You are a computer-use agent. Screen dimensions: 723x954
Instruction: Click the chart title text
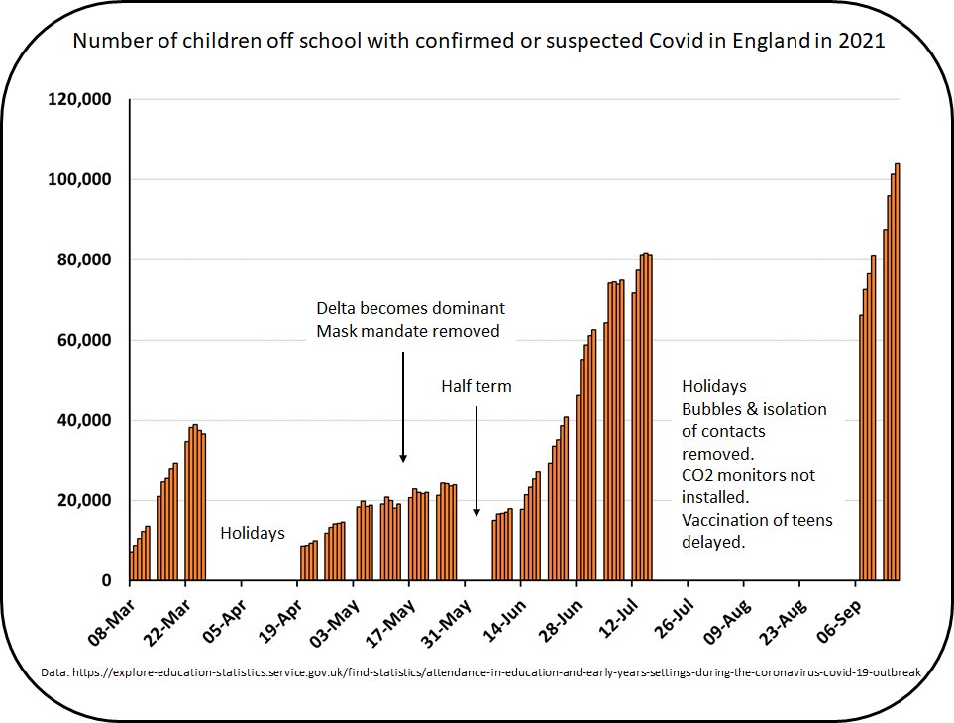478,42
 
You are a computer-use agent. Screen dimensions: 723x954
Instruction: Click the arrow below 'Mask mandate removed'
403,406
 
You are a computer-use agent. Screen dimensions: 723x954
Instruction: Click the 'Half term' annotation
477,386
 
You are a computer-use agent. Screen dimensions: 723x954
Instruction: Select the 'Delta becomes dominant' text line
410,307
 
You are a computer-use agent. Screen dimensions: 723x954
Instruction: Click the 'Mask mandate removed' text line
408,331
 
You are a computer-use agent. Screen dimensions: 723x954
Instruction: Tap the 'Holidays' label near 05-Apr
252,533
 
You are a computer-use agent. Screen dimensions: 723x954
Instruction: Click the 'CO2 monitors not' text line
748,475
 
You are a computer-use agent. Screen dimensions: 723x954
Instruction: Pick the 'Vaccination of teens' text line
757,520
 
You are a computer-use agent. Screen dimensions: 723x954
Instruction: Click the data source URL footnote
480,672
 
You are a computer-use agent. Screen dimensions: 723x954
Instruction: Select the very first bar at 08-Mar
132,566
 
